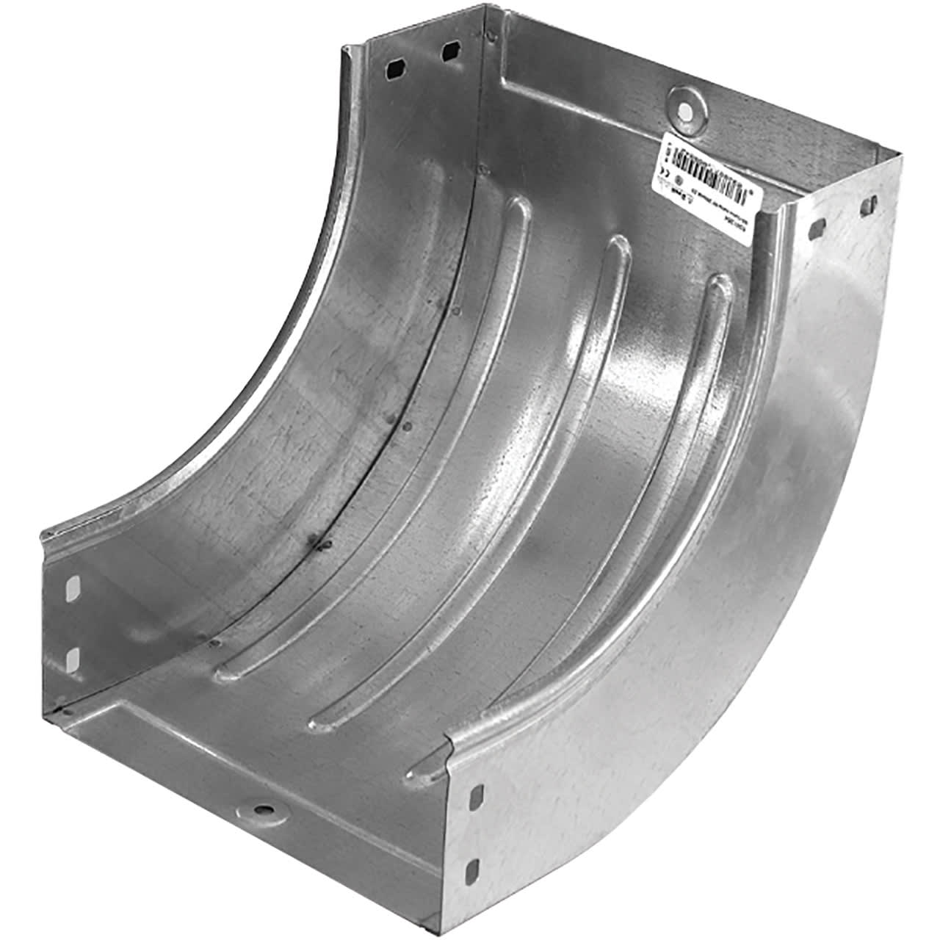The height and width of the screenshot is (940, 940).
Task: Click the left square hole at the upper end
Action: [x=395, y=68]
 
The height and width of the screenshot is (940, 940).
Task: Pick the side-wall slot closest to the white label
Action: [x=815, y=228]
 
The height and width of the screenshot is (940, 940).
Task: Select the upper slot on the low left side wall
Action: [x=73, y=587]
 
